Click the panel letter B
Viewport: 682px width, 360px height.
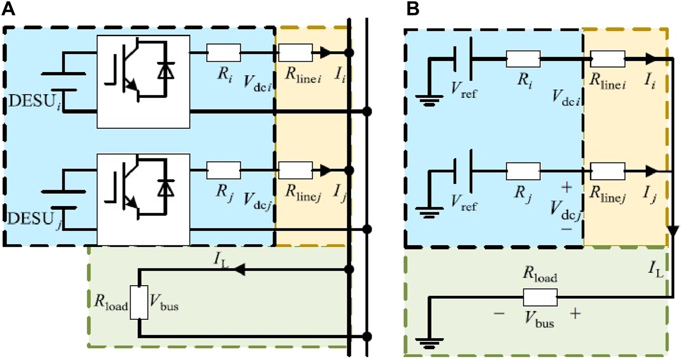point(412,9)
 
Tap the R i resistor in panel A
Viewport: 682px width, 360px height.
point(223,52)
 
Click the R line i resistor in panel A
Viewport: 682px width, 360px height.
point(295,52)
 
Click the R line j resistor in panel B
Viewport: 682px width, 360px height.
point(608,171)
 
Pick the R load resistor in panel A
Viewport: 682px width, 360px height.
point(139,303)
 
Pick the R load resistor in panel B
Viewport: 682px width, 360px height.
point(540,297)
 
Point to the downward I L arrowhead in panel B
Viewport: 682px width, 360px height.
point(673,231)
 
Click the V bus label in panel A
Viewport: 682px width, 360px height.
point(164,307)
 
